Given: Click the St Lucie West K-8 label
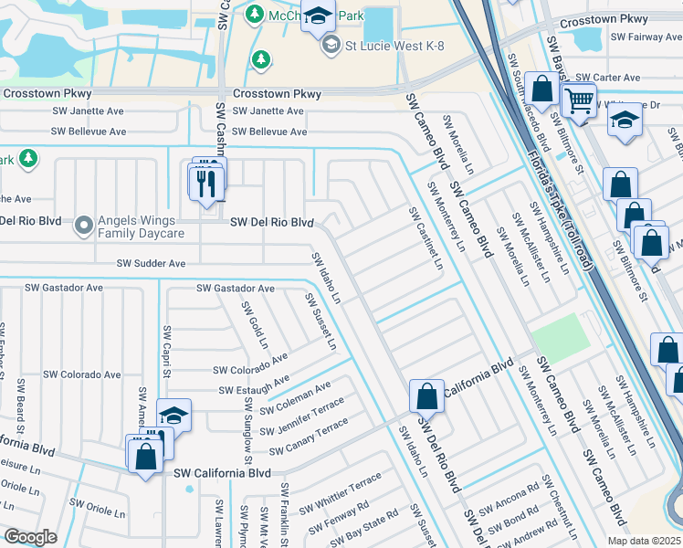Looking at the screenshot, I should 394,46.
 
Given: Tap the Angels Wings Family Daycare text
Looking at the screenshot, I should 142,227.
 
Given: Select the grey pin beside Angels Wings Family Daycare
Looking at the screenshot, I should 84,223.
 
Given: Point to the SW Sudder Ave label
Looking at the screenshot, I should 151,264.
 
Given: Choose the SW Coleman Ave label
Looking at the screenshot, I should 295,398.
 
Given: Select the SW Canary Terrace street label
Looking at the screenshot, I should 309,437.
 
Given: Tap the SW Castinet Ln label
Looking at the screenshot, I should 426,238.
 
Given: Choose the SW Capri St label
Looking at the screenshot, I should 167,350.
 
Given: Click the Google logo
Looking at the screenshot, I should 30,537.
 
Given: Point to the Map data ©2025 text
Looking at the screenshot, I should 643,541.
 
